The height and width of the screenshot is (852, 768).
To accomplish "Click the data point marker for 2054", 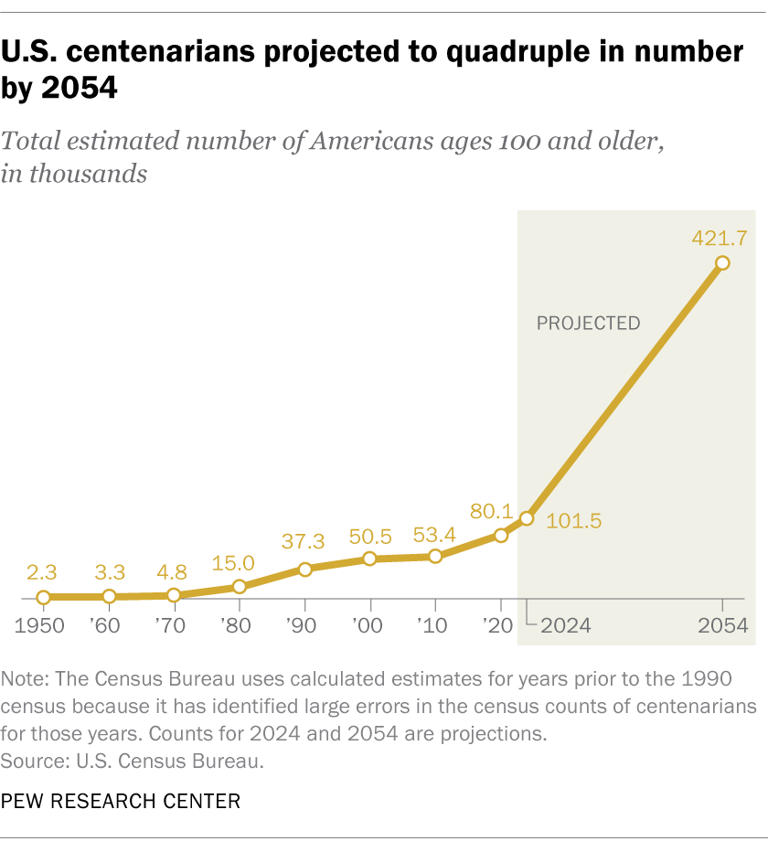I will (722, 263).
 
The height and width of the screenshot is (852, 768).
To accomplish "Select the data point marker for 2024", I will (526, 518).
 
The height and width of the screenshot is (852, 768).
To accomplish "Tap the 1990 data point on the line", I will (304, 569).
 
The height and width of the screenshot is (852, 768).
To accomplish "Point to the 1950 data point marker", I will (43, 597).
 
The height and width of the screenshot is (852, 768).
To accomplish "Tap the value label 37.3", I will (304, 544).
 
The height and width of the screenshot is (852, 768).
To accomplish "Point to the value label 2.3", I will (43, 572).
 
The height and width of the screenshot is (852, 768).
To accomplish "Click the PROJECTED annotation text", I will (588, 323).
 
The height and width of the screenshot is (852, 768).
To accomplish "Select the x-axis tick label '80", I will (239, 626).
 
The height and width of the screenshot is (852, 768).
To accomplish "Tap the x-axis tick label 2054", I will (722, 626).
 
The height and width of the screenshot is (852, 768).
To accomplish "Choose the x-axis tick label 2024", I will (564, 626).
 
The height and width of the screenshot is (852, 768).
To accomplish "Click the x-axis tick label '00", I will (369, 626).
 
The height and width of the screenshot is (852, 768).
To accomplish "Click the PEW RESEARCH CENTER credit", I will (121, 802).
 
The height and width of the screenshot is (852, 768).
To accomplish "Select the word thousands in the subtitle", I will (89, 174).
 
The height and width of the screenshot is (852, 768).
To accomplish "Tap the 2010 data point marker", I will (435, 556).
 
